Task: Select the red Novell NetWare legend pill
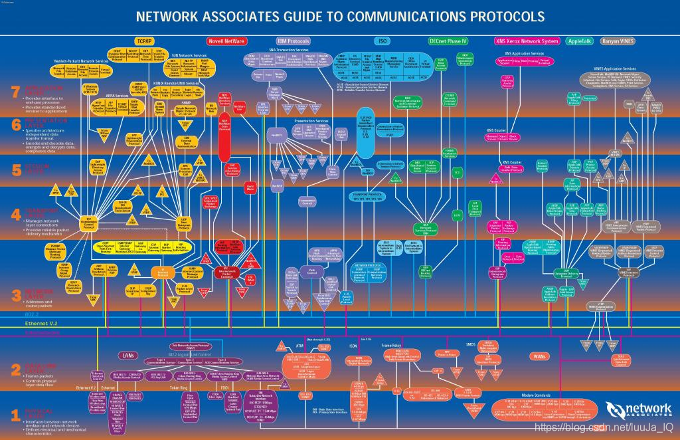pos(226,41)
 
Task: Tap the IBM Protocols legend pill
pos(294,41)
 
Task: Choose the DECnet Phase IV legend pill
pos(449,41)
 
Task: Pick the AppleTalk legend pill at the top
pos(580,41)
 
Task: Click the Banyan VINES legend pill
pos(618,41)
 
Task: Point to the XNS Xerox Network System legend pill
pos(527,41)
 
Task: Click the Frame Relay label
pos(391,346)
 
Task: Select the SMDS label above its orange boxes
pos(471,344)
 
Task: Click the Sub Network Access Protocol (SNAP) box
pos(193,346)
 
